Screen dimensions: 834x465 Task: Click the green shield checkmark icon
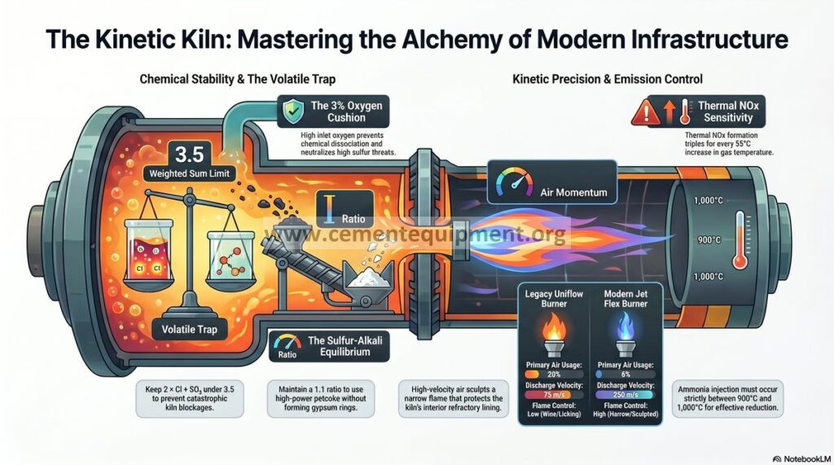[x=293, y=112]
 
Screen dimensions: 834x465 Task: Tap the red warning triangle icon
[x=645, y=112]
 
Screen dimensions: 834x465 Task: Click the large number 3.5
[x=189, y=155]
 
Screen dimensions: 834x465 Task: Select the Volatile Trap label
[x=189, y=329]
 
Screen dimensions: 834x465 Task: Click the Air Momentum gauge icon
[x=514, y=183]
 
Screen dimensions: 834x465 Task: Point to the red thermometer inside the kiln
[x=740, y=240]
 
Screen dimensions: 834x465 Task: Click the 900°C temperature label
[x=709, y=240]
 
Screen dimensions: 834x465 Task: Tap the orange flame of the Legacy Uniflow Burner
[x=554, y=329]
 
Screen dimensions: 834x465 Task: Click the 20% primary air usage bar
[x=554, y=375]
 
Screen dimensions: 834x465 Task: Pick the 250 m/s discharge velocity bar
[x=625, y=395]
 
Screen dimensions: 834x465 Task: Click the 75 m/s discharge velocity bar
[x=554, y=395]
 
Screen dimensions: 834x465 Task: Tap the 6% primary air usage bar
[x=625, y=375]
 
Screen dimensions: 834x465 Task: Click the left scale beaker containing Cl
[x=148, y=250]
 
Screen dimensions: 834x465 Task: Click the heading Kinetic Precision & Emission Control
[x=608, y=79]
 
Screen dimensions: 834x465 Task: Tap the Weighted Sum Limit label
[x=189, y=173]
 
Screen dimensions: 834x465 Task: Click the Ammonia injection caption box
[x=727, y=398]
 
